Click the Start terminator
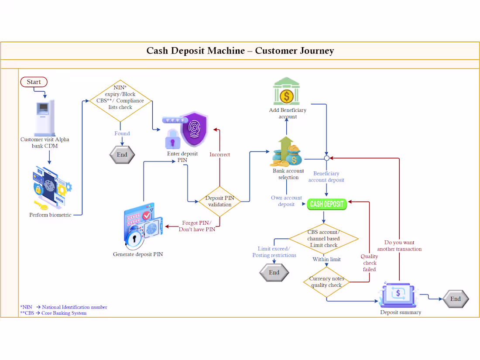34,82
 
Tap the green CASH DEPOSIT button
327,204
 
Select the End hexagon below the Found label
122,154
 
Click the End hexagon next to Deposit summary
456,299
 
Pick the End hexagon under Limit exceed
274,272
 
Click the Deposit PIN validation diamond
219,202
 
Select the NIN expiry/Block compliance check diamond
120,101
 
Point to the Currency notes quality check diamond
327,282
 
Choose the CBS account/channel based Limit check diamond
324,238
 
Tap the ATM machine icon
45,118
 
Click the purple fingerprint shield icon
194,129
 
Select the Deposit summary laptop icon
398,295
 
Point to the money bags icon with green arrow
287,151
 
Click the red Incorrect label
219,154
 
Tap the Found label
122,134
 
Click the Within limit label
326,259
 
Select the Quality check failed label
369,263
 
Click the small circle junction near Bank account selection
327,158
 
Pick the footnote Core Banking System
64,313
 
